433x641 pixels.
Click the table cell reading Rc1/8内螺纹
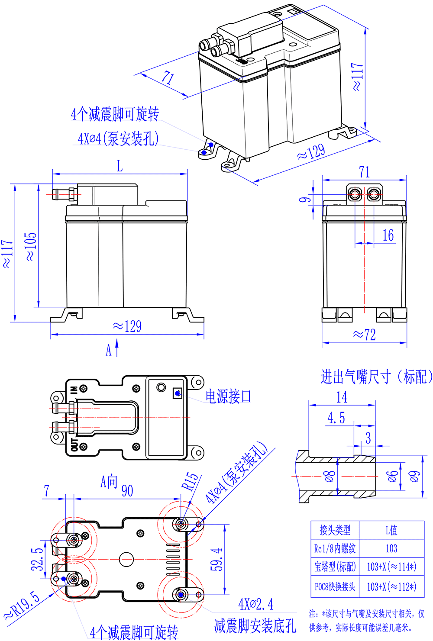coord(335,548)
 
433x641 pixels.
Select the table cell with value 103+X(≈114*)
coord(391,567)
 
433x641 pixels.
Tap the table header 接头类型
coord(335,530)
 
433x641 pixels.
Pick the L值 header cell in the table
coord(391,530)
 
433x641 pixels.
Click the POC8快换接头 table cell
coord(335,586)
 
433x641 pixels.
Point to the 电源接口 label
coord(228,396)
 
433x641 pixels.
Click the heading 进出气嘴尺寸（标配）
coord(376,377)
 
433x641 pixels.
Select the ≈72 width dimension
coord(364,335)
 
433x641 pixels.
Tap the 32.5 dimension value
coord(38,559)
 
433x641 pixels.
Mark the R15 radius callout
coord(191,481)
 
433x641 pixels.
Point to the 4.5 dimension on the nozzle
coord(336,418)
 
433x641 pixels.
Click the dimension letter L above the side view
coord(120,166)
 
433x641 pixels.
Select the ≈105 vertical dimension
coord(31,247)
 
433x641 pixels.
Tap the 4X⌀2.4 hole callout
coord(255,604)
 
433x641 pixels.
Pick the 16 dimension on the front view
coord(388,235)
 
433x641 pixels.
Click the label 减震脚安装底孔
coord(255,626)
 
